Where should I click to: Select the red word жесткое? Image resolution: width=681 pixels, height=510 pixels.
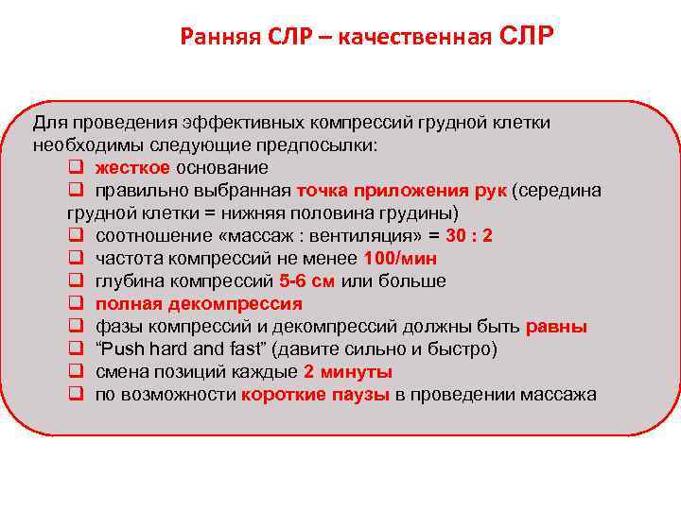pos(132,168)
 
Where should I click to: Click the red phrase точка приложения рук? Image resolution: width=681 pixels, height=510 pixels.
pos(401,191)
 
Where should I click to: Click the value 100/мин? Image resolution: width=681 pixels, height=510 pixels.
pos(400,259)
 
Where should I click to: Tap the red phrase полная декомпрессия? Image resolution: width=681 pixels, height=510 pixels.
pos(199,304)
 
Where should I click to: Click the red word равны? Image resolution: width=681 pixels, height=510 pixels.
pos(556,327)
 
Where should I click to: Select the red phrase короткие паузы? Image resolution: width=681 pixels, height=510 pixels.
pos(315,395)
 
